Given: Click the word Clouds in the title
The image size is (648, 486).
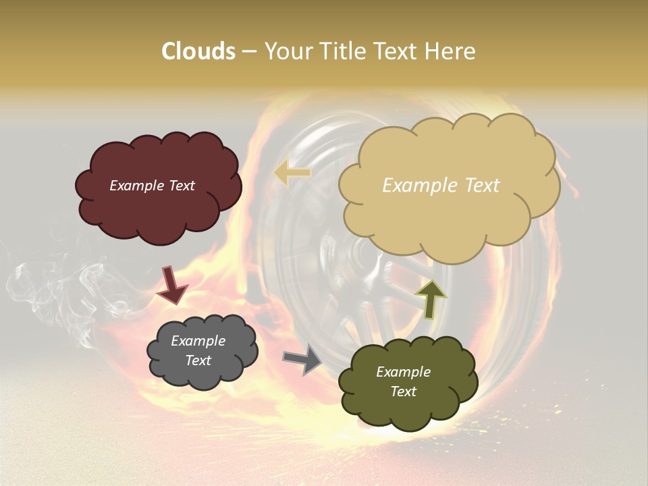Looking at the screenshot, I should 198,51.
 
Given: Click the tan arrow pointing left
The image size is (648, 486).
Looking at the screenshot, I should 292,173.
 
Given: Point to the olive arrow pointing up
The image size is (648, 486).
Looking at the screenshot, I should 431,299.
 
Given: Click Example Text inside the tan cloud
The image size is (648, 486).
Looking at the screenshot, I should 441,185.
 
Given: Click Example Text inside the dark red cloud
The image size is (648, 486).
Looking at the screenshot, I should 152,185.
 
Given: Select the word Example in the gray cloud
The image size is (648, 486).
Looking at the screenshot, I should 198,341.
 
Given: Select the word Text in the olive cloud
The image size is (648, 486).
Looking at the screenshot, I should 403,391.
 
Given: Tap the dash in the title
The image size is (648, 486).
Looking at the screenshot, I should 248,51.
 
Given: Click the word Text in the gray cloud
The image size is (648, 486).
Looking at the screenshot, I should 198,360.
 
